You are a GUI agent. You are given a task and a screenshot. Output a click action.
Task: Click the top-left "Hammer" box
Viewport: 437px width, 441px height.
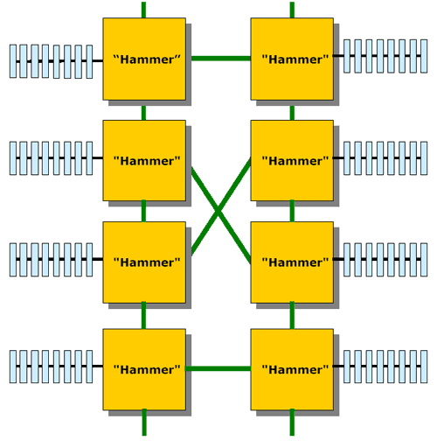pos(144,59)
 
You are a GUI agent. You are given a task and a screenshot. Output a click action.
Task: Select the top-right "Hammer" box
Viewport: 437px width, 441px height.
pos(292,59)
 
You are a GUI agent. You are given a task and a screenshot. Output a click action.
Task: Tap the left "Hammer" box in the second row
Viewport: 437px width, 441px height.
pos(144,160)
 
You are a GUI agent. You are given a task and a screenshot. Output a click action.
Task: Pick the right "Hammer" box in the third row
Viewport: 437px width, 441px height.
pos(292,262)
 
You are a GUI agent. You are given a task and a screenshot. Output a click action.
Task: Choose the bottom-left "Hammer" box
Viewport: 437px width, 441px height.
pos(144,369)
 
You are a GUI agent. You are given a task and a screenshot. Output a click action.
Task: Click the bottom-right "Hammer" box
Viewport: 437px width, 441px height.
pos(292,369)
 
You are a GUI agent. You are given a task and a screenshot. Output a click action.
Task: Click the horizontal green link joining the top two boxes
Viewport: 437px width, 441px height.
pos(221,59)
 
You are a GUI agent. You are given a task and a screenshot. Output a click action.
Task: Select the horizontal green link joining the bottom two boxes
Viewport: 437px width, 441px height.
pos(218,368)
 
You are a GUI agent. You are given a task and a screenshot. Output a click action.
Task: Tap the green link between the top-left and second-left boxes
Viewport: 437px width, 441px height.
pos(143,113)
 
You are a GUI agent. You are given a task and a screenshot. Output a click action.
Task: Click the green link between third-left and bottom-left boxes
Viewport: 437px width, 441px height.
pos(143,316)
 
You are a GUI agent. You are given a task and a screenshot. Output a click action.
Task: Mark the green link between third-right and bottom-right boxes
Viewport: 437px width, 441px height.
pos(292,316)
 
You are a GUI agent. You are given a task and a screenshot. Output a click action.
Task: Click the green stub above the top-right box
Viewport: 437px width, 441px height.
pos(292,10)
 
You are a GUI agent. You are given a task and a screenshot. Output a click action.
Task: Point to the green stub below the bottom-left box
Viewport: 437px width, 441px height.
pos(144,423)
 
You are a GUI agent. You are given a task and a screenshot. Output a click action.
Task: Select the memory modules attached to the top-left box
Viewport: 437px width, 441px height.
pos(52,61)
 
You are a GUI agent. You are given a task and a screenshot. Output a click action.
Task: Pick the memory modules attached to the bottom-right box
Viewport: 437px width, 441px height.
pos(385,366)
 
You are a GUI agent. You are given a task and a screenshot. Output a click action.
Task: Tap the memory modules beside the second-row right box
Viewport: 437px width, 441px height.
pos(385,158)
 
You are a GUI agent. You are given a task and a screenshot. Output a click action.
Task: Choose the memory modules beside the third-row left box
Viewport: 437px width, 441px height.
pos(52,259)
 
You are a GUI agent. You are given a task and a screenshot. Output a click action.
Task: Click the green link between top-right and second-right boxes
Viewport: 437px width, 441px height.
pos(292,113)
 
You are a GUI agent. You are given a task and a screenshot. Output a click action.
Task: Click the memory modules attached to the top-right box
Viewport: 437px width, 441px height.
pos(385,56)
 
